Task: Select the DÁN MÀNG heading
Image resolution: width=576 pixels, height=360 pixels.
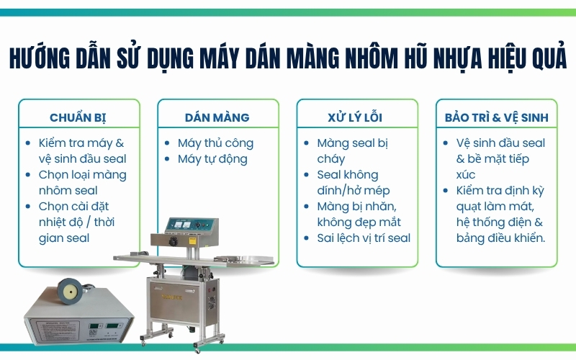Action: click(x=217, y=117)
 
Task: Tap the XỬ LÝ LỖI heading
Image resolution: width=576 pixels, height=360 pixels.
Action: click(x=358, y=117)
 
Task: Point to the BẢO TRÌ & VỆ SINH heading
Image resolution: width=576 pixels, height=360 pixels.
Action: click(x=496, y=117)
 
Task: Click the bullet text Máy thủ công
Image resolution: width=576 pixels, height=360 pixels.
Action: click(x=215, y=143)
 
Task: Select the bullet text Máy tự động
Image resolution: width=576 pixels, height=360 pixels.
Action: click(x=212, y=158)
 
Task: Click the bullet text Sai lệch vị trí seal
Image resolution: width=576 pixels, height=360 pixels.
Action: click(x=364, y=238)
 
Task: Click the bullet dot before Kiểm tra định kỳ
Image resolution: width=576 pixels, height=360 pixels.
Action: click(x=449, y=191)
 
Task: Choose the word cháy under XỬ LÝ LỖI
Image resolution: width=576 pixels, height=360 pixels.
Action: click(x=331, y=158)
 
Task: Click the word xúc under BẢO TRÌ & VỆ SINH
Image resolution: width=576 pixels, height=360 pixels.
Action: click(x=467, y=174)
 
